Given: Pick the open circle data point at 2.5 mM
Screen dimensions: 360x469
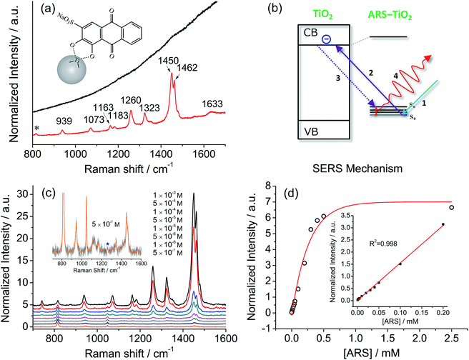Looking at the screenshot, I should coord(451,208).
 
